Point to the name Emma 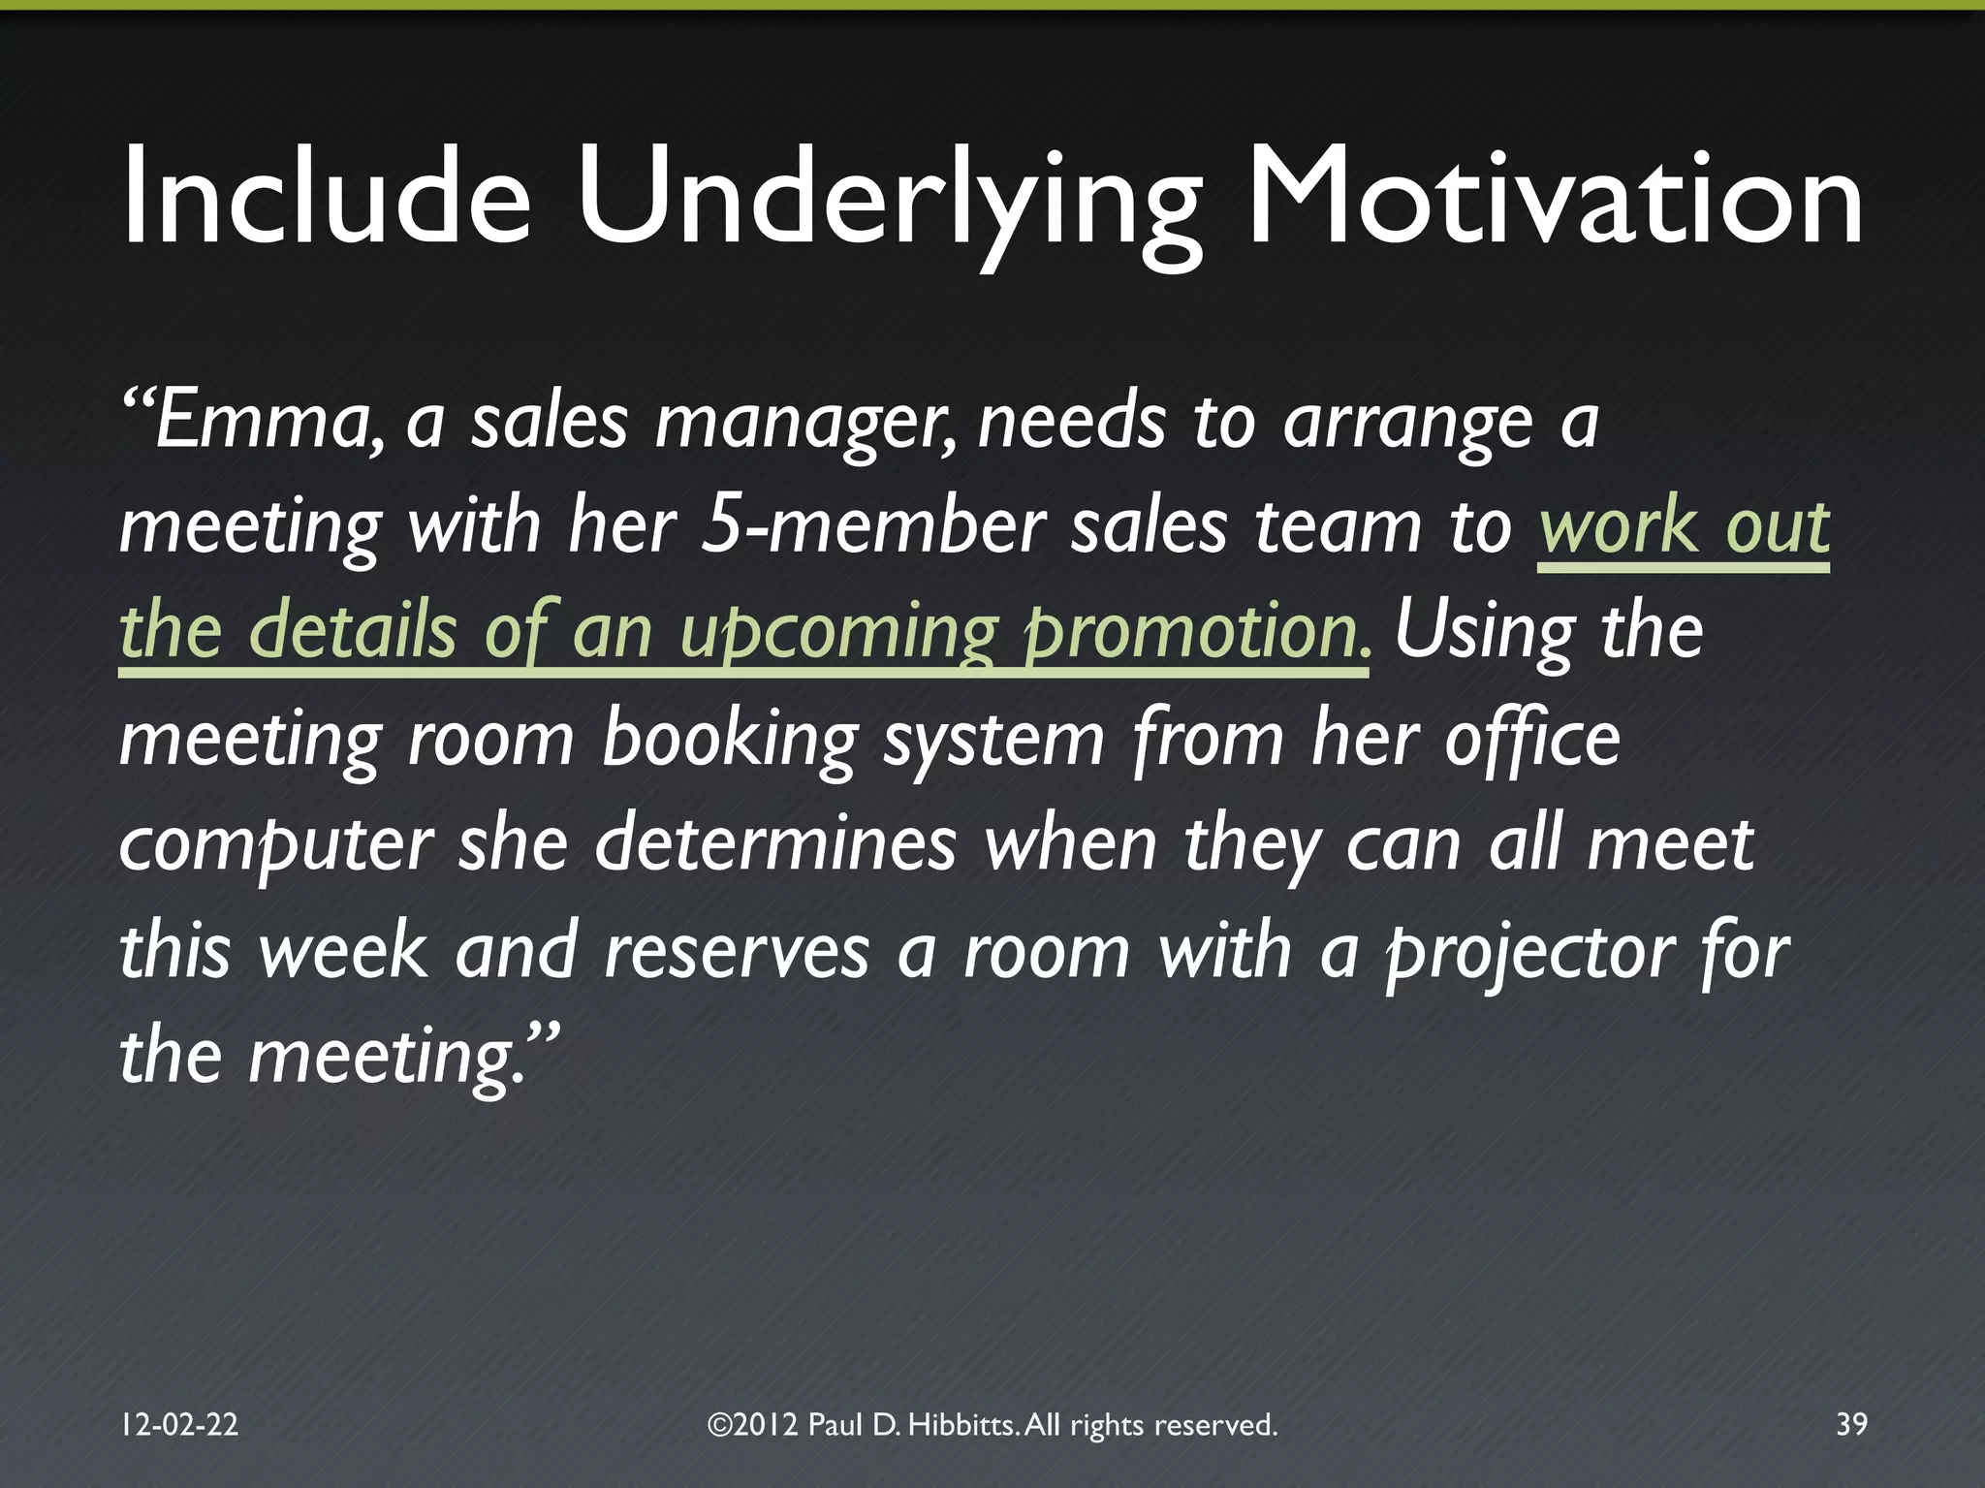coord(267,424)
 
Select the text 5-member coord(872,528)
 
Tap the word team coord(1339,528)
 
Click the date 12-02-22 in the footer coord(179,1424)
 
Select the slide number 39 coord(1851,1424)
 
